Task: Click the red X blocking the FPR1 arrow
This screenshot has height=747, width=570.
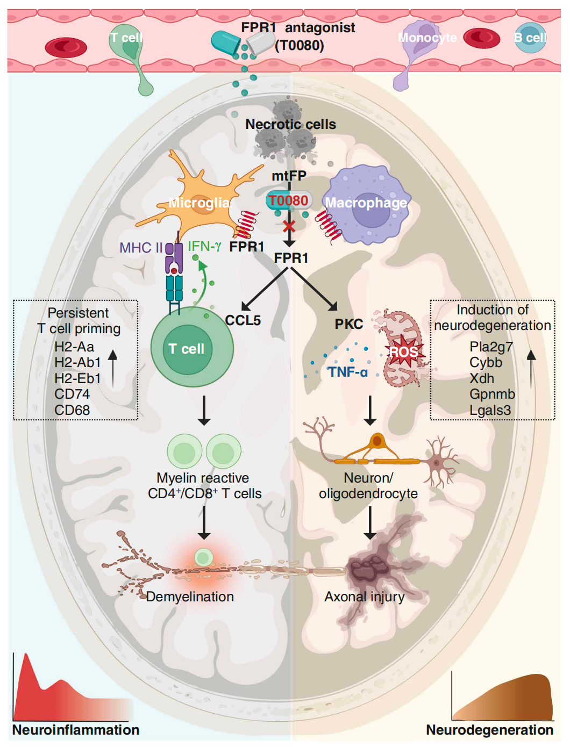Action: point(289,226)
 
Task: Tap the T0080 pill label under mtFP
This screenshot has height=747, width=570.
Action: point(289,201)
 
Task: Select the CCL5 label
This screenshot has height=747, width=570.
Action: point(243,321)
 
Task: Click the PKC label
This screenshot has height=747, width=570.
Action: point(349,325)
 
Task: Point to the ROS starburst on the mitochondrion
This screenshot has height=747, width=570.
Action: point(403,352)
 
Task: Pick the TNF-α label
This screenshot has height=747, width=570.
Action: point(348,372)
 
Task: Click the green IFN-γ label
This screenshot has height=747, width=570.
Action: point(204,247)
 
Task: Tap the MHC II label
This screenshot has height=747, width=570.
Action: point(141,248)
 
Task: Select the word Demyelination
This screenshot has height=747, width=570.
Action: point(190,597)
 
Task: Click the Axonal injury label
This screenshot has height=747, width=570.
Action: point(365,597)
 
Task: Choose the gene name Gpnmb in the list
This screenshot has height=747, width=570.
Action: point(492,394)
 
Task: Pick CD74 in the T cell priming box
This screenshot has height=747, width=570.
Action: point(72,394)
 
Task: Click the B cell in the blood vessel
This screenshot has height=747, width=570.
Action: point(530,38)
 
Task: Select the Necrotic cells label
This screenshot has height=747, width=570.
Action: point(290,125)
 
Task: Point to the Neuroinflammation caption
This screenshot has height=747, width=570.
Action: point(76,730)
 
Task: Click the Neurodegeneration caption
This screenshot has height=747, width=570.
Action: point(489,730)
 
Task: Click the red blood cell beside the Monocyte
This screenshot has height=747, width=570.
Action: point(482,38)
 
